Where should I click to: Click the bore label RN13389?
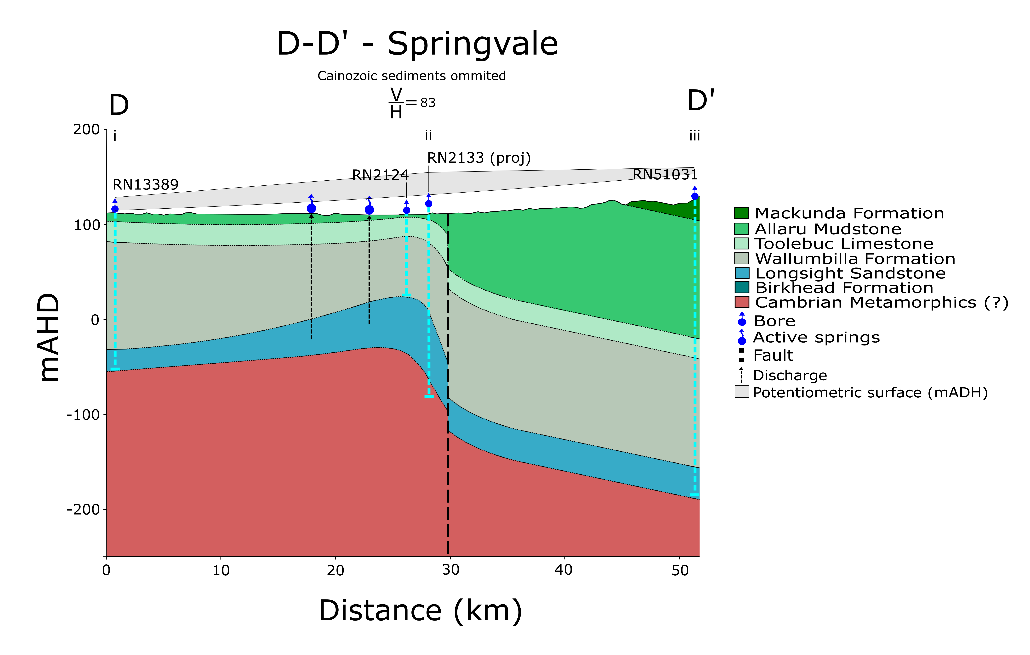145,185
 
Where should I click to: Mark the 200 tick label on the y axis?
86,130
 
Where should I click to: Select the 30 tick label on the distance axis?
450,570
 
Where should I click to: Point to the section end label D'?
701,101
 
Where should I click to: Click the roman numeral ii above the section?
428,136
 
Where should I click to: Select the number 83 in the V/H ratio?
428,103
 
